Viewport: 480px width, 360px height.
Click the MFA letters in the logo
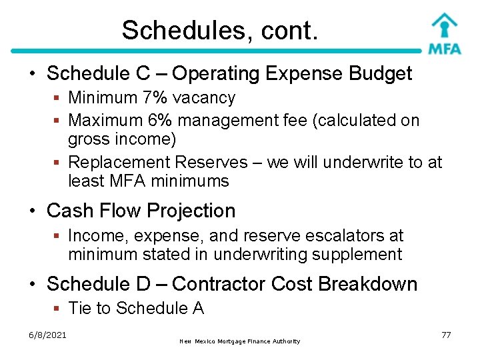pos(444,49)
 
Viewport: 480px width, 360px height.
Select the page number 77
pos(446,335)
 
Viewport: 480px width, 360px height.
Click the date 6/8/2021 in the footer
pos(47,335)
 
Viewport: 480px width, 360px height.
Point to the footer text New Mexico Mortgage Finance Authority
pos(240,341)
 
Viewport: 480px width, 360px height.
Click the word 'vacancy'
pos(204,98)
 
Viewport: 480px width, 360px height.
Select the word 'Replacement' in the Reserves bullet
pos(119,162)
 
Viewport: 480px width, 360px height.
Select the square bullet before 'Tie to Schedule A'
pos(58,308)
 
